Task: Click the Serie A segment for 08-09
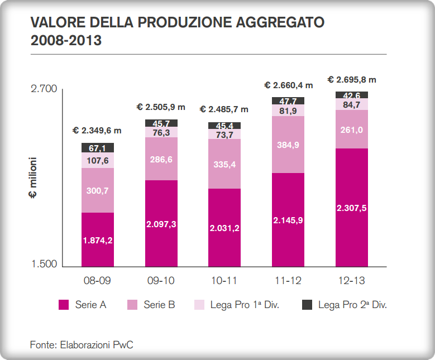98,239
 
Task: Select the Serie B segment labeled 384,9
288,145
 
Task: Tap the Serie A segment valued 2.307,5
352,208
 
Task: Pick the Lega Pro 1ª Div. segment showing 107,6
98,160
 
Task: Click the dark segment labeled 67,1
98,147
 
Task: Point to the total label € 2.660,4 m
288,85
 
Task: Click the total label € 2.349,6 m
97,131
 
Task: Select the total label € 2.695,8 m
352,80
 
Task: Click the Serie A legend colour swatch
64,305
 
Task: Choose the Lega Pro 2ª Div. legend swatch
307,305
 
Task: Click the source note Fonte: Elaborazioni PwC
82,344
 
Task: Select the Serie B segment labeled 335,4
224,164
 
